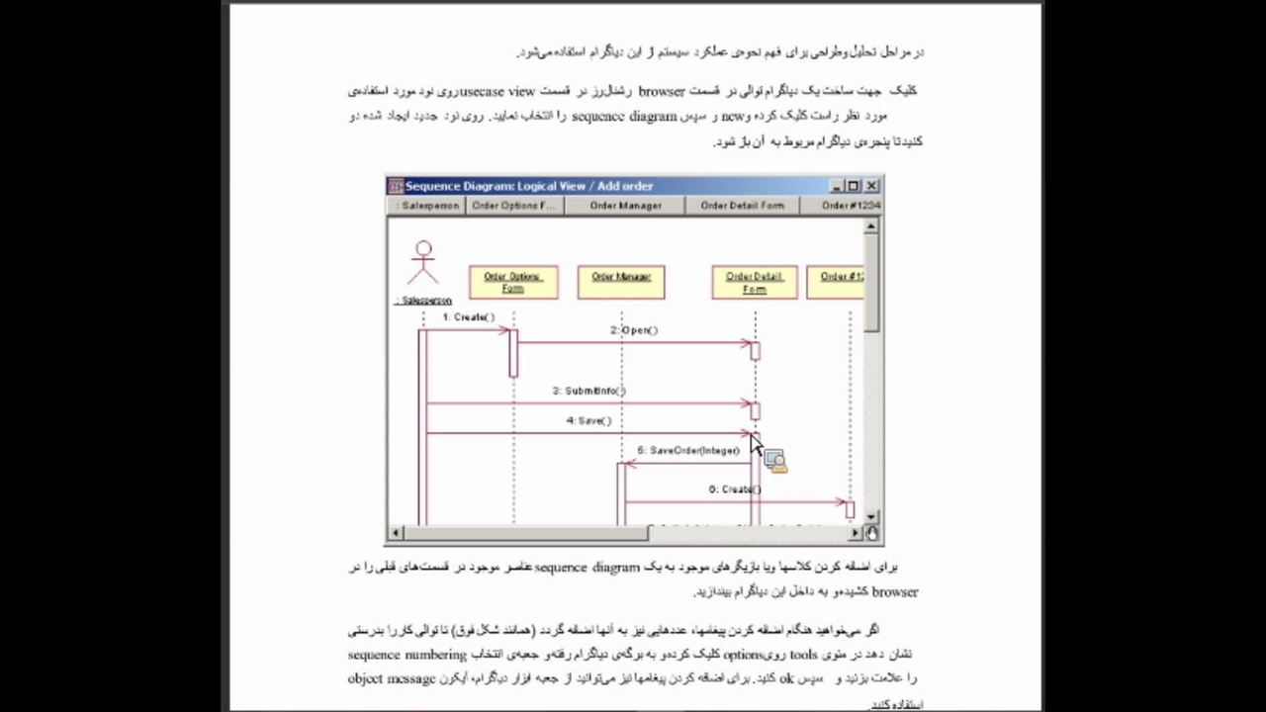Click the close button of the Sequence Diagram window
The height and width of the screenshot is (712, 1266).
[x=871, y=186]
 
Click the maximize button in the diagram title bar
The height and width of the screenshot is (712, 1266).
[x=854, y=186]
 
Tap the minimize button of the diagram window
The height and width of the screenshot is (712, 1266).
[x=837, y=186]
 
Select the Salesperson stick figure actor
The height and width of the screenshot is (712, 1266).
[x=423, y=264]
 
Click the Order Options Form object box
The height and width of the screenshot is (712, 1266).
[x=513, y=282]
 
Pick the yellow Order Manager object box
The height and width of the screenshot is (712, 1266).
[x=621, y=282]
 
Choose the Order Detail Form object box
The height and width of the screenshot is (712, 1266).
[x=755, y=282]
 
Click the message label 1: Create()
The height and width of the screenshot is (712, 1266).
[x=469, y=317]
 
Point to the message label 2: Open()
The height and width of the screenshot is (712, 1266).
[x=634, y=330]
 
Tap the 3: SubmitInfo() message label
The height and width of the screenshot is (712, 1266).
[x=589, y=391]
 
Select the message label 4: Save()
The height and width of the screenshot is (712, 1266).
[x=589, y=420]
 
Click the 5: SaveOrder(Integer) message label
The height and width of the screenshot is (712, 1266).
[x=688, y=451]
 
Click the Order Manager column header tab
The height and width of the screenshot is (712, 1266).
[x=626, y=206]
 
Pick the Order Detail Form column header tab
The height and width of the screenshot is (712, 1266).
[x=743, y=206]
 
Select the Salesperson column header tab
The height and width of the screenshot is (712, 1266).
[x=428, y=206]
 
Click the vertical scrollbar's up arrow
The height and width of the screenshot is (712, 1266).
[x=871, y=226]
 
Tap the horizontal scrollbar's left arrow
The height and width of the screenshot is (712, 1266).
[x=395, y=533]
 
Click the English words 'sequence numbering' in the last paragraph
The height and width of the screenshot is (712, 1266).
[x=407, y=655]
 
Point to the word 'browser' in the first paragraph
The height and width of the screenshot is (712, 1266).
[x=662, y=91]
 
